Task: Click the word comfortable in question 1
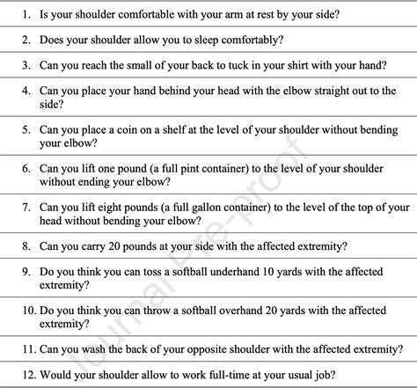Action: pos(160,14)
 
